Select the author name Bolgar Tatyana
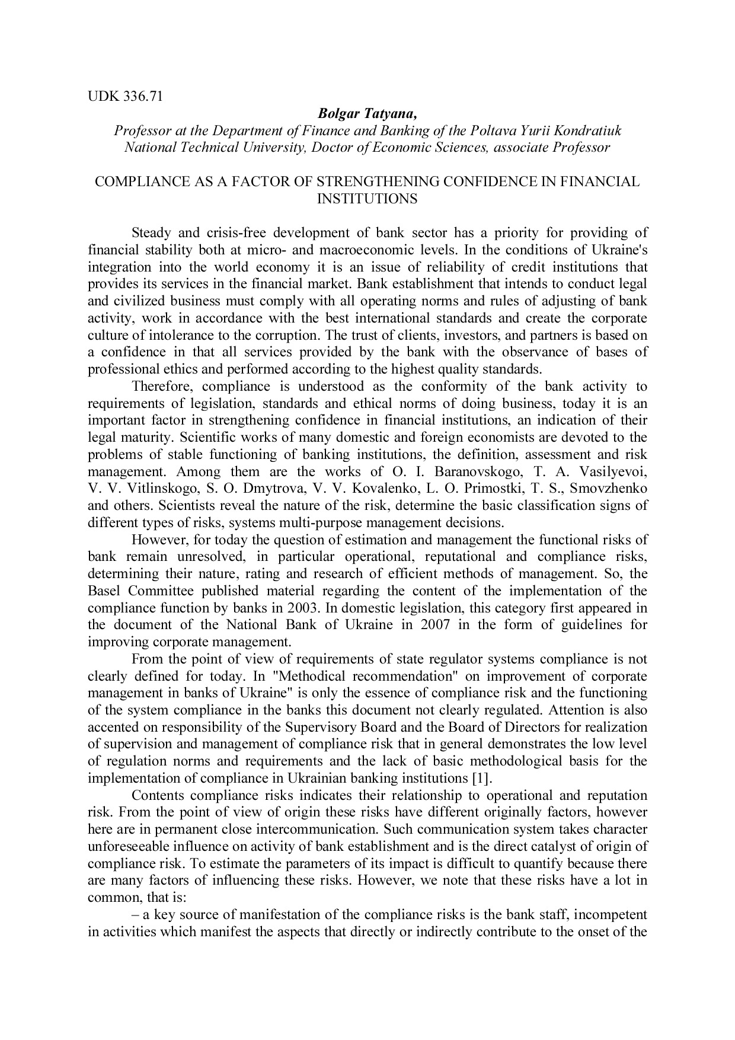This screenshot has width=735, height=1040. point(367,114)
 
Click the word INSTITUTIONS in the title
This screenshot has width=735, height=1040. point(367,199)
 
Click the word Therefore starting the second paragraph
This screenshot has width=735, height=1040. point(161,387)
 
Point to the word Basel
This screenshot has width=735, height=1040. point(104,591)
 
